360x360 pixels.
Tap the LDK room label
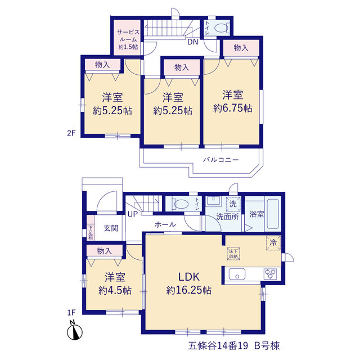pyautogui.click(x=189, y=277)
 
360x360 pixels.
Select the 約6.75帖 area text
pyautogui.click(x=233, y=108)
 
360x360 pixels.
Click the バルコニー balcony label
pyautogui.click(x=221, y=160)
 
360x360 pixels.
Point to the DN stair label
pyautogui.click(x=192, y=42)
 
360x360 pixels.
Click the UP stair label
pyautogui.click(x=133, y=214)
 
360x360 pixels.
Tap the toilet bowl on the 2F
pyautogui.click(x=221, y=28)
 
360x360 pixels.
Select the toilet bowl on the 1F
pyautogui.click(x=181, y=204)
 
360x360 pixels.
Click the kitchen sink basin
pyautogui.click(x=237, y=274)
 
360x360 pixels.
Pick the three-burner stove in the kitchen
pyautogui.click(x=270, y=274)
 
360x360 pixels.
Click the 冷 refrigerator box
pyautogui.click(x=273, y=242)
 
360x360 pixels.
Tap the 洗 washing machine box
pyautogui.click(x=233, y=204)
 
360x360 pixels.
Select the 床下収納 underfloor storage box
pyautogui.click(x=233, y=254)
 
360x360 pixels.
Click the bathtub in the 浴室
pyautogui.click(x=273, y=214)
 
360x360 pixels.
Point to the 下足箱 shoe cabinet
pyautogui.click(x=91, y=227)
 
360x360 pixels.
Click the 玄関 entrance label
pyautogui.click(x=111, y=228)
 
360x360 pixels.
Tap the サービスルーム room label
pyautogui.click(x=128, y=39)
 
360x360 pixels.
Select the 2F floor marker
pyautogui.click(x=71, y=133)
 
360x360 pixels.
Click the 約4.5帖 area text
pyautogui.click(x=115, y=291)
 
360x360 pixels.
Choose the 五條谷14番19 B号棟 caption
pyautogui.click(x=234, y=345)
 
